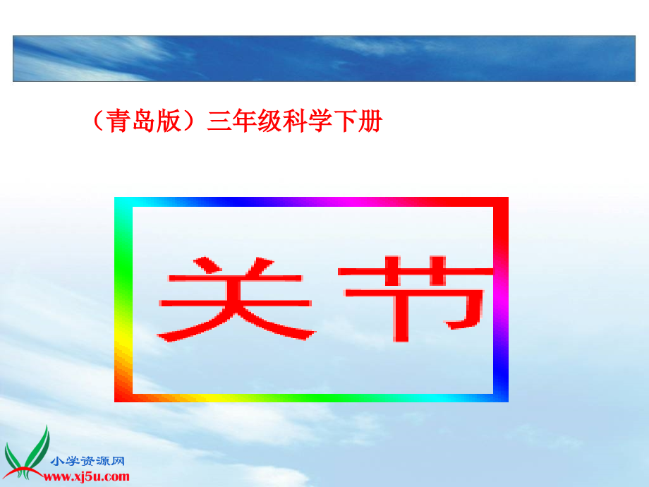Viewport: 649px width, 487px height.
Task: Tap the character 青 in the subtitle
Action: coord(116,123)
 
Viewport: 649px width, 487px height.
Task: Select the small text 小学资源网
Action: coord(87,461)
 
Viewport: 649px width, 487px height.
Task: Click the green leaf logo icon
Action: coord(28,452)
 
